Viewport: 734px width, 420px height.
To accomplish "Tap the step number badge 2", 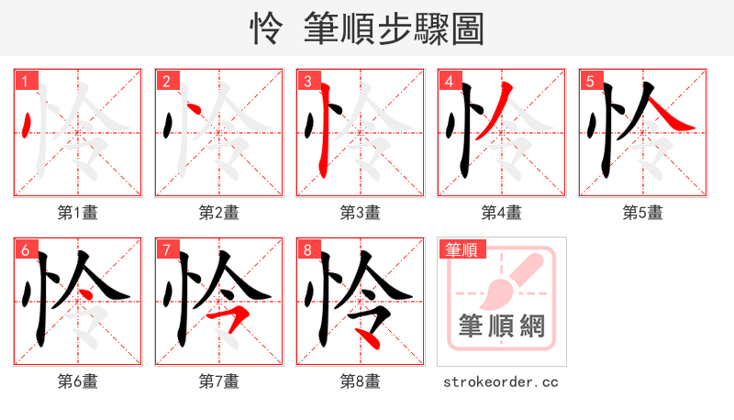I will point(166,81).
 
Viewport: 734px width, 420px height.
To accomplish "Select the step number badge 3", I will point(307,81).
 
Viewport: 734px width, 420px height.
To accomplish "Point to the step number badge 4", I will point(449,81).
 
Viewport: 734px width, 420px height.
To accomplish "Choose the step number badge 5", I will point(590,81).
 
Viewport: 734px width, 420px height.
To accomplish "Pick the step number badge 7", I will point(166,249).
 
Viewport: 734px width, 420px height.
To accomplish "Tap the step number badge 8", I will point(307,249).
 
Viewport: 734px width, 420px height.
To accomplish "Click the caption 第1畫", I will point(78,213).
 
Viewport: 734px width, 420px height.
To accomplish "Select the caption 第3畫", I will point(361,213).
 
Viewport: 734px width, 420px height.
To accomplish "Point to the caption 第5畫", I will point(642,213).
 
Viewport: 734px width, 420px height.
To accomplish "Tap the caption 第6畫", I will point(78,381).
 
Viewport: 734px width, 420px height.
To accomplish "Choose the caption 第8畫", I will point(361,381).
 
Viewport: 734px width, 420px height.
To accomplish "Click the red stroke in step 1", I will point(28,123).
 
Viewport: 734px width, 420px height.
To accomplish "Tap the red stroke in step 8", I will point(369,336).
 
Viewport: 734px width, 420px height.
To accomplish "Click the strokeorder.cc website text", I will point(501,381).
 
